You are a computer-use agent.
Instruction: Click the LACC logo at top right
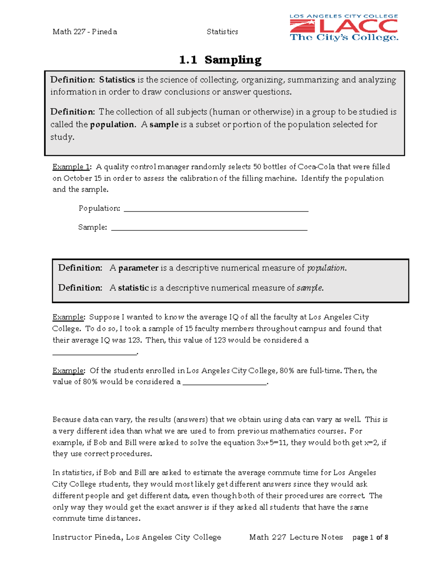(x=344, y=28)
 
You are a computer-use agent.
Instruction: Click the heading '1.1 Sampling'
(x=220, y=60)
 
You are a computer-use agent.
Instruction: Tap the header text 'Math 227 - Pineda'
(x=85, y=32)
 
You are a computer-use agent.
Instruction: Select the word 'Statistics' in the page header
(x=222, y=32)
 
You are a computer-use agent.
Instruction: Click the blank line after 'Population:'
(x=216, y=209)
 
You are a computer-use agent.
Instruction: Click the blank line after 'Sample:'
(x=209, y=228)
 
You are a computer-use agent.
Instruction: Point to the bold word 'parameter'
(x=138, y=268)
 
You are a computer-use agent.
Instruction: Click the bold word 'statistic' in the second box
(x=133, y=288)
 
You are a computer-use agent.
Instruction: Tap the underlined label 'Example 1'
(x=71, y=167)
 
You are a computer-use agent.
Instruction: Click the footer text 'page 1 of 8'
(x=370, y=537)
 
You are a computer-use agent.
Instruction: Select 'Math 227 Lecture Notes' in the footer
(x=296, y=537)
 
